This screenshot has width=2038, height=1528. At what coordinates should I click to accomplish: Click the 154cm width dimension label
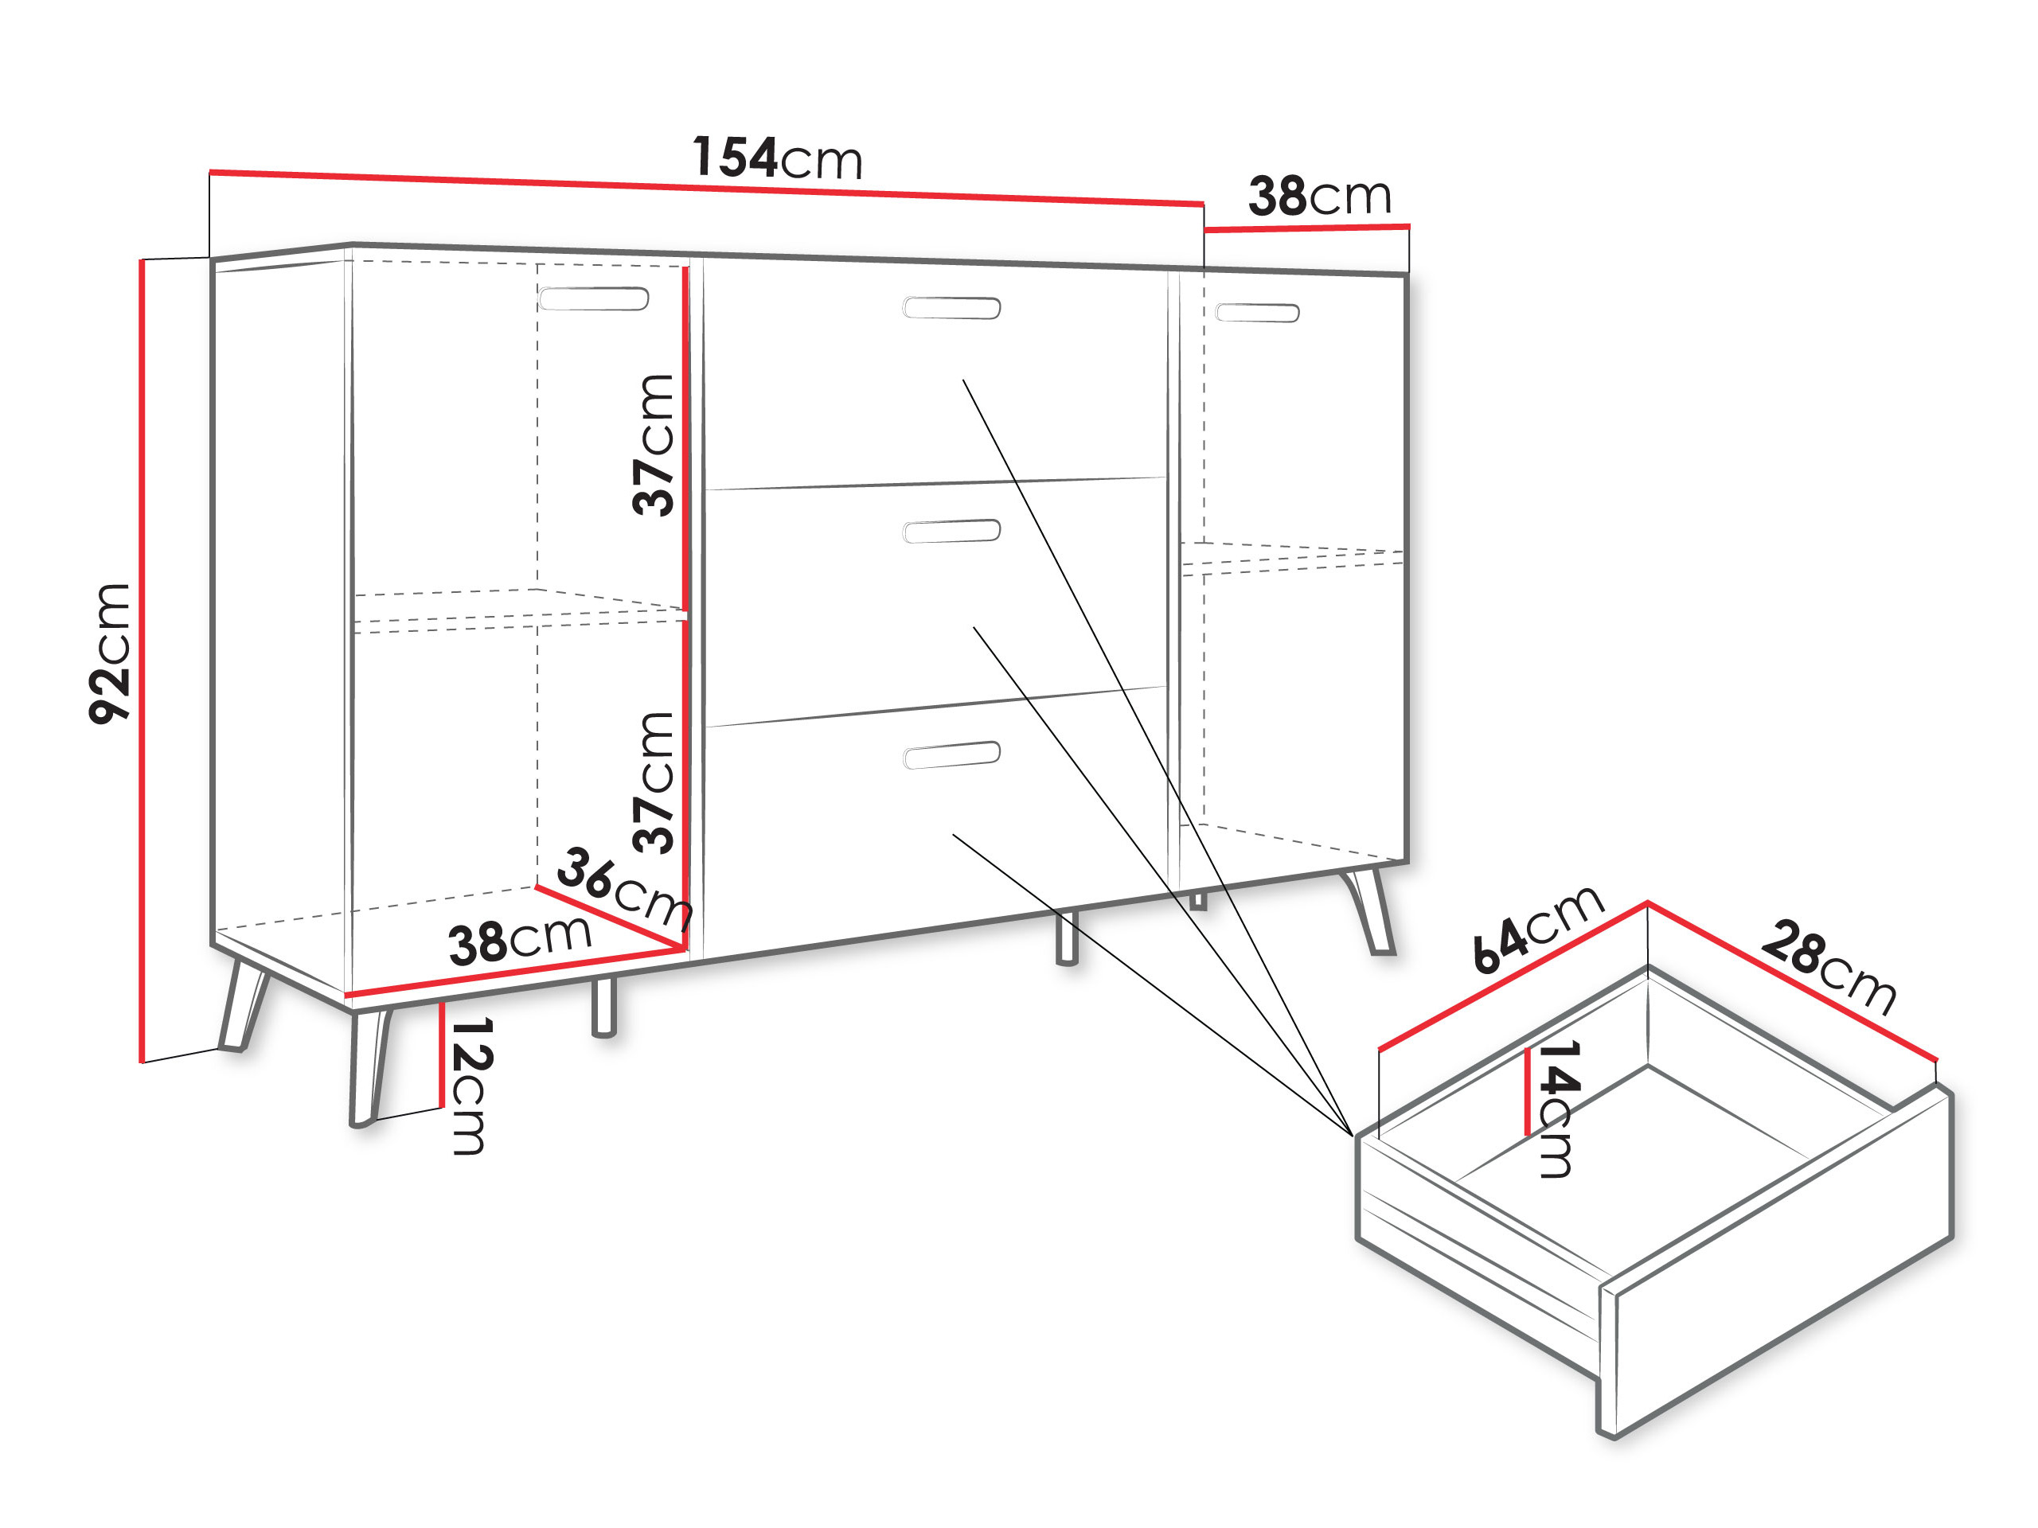point(777,158)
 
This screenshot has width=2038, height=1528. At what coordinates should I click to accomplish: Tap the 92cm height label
point(110,653)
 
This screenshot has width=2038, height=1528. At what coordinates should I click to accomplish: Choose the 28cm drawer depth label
point(1829,966)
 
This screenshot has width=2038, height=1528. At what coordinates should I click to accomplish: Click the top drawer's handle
point(951,308)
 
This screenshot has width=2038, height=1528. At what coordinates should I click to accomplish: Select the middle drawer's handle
point(951,532)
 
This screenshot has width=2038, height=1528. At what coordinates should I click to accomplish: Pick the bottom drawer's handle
point(951,754)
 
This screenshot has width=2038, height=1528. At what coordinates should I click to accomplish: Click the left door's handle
point(593,298)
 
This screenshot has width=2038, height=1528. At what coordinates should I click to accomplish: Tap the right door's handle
point(1258,313)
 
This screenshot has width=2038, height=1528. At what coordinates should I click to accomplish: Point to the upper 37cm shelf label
point(654,444)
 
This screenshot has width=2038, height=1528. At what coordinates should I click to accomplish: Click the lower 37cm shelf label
point(654,782)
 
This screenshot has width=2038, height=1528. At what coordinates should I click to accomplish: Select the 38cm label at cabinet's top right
point(1319,195)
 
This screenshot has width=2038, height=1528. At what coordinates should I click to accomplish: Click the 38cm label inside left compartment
point(520,941)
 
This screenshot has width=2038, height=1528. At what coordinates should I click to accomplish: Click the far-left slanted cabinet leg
point(242,1004)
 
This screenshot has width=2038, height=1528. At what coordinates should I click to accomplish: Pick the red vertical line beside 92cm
point(143,661)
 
